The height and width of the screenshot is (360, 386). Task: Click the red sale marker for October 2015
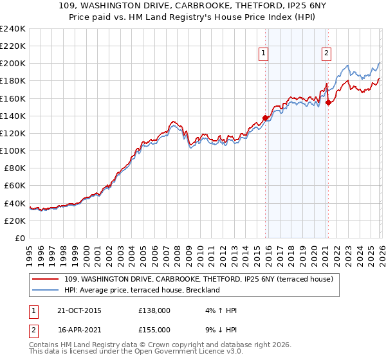click(x=265, y=118)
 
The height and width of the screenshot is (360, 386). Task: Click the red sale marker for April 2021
click(x=327, y=102)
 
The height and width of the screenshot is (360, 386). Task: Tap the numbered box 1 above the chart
click(x=264, y=54)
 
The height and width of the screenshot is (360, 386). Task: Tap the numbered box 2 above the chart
click(x=327, y=54)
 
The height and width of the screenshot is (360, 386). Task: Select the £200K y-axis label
click(x=14, y=64)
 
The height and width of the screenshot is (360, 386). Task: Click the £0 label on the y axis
click(x=20, y=238)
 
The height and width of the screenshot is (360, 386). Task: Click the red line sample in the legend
click(x=46, y=279)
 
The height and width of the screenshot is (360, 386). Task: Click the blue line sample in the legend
click(x=46, y=290)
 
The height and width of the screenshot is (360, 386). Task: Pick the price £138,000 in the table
click(x=154, y=310)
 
